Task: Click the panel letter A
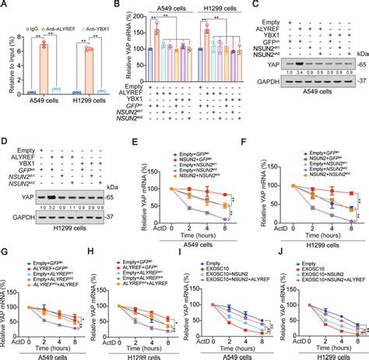5,5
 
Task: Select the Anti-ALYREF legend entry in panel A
58,10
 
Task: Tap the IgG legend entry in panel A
26,10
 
